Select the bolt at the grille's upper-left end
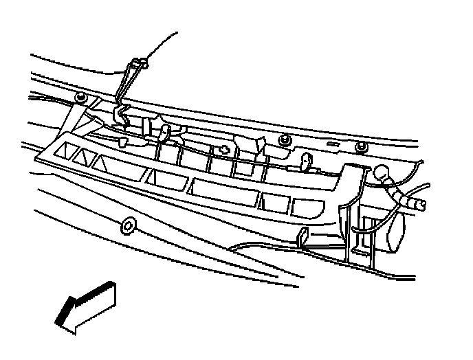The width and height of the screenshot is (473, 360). click(80, 98)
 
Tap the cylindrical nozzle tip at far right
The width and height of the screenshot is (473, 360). click(417, 203)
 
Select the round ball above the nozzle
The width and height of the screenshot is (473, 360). click(382, 173)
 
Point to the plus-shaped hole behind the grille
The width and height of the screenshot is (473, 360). click(224, 149)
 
